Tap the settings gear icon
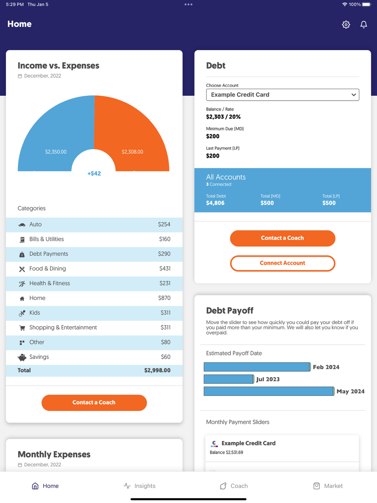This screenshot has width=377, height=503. click(346, 25)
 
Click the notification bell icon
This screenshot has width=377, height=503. click(363, 25)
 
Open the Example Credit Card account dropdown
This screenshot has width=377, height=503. click(282, 95)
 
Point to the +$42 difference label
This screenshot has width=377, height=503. click(94, 173)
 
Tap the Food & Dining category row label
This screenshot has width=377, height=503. click(48, 268)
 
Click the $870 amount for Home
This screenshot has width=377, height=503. click(164, 298)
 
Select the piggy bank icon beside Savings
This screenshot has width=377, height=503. click(22, 357)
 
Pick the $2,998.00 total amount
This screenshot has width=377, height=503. click(157, 370)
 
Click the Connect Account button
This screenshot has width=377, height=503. click(282, 263)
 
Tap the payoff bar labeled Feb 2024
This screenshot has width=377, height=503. click(257, 367)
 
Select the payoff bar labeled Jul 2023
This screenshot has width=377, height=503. click(229, 379)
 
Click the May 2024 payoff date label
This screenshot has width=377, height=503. click(350, 391)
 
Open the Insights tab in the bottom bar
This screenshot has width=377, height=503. click(139, 486)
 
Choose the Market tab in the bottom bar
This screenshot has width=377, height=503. click(328, 486)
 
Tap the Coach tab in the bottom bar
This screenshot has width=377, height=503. click(234, 486)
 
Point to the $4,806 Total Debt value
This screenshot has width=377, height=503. click(215, 203)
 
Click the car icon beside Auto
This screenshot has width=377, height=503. click(22, 225)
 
